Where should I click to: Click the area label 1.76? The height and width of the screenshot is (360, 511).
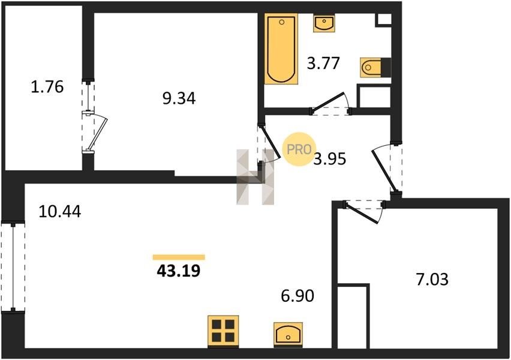[47, 87]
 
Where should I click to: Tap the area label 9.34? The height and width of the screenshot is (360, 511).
[179, 98]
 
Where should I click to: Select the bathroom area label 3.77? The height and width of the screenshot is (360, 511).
[323, 63]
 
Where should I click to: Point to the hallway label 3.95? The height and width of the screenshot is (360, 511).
[330, 159]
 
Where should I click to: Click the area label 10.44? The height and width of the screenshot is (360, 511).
[59, 212]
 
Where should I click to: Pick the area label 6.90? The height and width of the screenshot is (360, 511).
[297, 296]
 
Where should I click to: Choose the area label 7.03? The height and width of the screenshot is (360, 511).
[432, 280]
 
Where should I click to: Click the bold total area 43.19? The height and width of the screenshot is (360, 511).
[178, 271]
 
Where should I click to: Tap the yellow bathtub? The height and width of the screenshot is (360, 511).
[281, 49]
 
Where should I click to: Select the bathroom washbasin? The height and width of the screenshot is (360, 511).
[324, 23]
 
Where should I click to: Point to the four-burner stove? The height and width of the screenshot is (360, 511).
[223, 331]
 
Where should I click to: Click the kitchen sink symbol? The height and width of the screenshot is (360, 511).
[288, 334]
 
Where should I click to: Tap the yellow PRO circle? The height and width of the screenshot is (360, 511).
[299, 149]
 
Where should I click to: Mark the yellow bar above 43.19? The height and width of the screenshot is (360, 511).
[179, 257]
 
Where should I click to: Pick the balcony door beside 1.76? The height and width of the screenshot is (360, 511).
[95, 132]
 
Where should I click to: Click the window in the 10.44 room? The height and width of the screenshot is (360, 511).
[13, 267]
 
